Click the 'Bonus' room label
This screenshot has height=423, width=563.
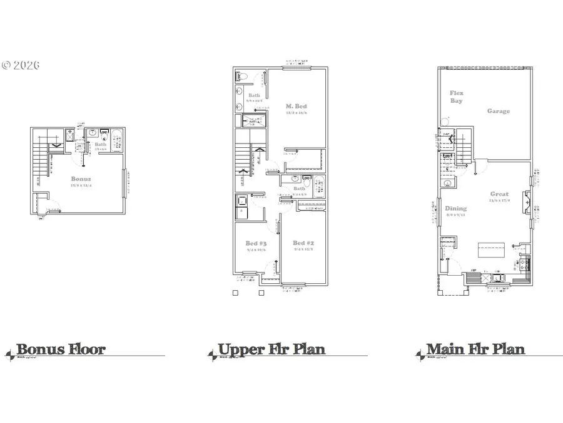pyautogui.click(x=81, y=179)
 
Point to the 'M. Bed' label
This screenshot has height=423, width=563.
pyautogui.click(x=297, y=106)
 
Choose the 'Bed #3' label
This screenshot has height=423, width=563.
pyautogui.click(x=256, y=243)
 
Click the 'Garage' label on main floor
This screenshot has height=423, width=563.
pyautogui.click(x=499, y=111)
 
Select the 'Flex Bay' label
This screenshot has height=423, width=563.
pyautogui.click(x=457, y=97)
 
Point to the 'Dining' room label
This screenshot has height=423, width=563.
pyautogui.click(x=455, y=209)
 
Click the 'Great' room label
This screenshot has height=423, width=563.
pyautogui.click(x=499, y=194)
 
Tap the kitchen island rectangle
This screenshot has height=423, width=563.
pyautogui.click(x=492, y=249)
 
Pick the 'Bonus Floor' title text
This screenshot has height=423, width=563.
pyautogui.click(x=61, y=349)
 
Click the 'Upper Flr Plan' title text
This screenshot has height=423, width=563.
pyautogui.click(x=271, y=349)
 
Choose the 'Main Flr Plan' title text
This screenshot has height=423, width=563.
pyautogui.click(x=475, y=349)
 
